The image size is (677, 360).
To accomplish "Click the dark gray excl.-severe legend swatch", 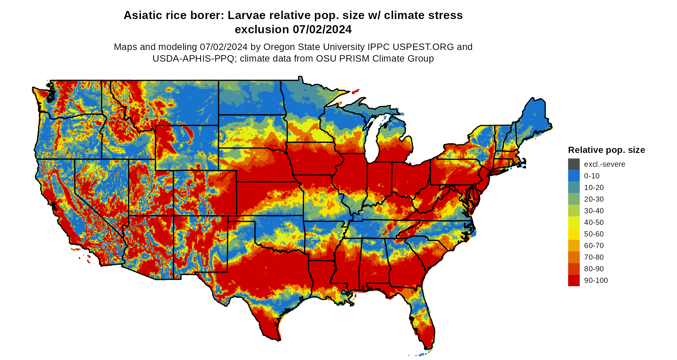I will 574,164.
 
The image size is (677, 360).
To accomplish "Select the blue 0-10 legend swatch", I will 574,176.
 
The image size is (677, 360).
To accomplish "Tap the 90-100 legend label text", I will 596,280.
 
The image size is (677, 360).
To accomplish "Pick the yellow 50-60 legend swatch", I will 574,234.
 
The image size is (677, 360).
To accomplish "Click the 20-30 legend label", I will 594,199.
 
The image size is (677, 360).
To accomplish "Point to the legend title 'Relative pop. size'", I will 606,150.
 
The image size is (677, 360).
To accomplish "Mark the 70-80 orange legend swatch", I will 574,257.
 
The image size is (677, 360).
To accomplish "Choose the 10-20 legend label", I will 594,187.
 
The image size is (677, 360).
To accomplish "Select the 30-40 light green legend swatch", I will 574,211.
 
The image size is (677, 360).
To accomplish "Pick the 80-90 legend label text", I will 594,269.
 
